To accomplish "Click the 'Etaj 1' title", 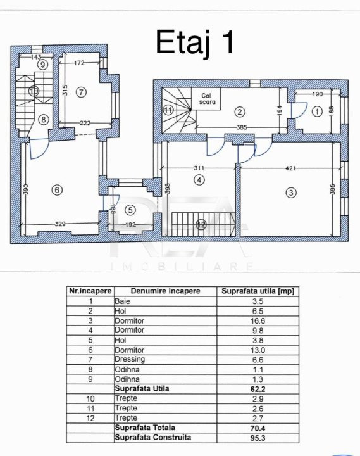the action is pyautogui.click(x=195, y=43).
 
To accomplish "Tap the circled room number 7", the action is pyautogui.click(x=81, y=92).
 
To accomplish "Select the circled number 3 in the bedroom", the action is pyautogui.click(x=291, y=193).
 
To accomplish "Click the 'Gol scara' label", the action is pyautogui.click(x=208, y=99).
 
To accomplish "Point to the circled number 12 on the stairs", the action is pyautogui.click(x=201, y=224).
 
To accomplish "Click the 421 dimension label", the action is pyautogui.click(x=290, y=168).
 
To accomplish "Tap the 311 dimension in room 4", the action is pyautogui.click(x=199, y=168).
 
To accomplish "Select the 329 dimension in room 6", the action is pyautogui.click(x=60, y=224).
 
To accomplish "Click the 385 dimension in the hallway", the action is pyautogui.click(x=242, y=127).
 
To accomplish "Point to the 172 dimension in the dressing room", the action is pyautogui.click(x=79, y=63).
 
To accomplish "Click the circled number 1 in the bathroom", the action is pyautogui.click(x=317, y=111).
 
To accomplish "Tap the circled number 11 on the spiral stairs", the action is pyautogui.click(x=168, y=110).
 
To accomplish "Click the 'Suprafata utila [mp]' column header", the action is pyautogui.click(x=258, y=291).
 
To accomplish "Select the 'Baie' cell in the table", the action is pyautogui.click(x=122, y=301).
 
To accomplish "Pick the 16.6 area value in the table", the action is pyautogui.click(x=258, y=320).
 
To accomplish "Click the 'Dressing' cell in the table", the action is pyautogui.click(x=130, y=360).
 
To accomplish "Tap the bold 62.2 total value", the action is pyautogui.click(x=258, y=389).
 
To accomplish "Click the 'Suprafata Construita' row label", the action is pyautogui.click(x=153, y=438).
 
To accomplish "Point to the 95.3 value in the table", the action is pyautogui.click(x=258, y=438).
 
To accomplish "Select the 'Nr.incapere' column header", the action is pyautogui.click(x=90, y=291).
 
